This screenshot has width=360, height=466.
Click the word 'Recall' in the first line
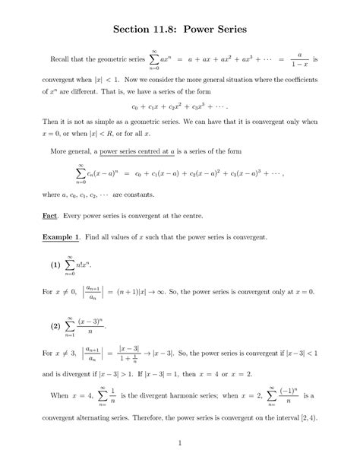point(62,59)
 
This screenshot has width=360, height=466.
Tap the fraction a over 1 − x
point(301,59)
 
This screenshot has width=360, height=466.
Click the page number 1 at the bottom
point(180,443)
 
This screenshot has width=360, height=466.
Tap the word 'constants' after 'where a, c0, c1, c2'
point(181,195)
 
